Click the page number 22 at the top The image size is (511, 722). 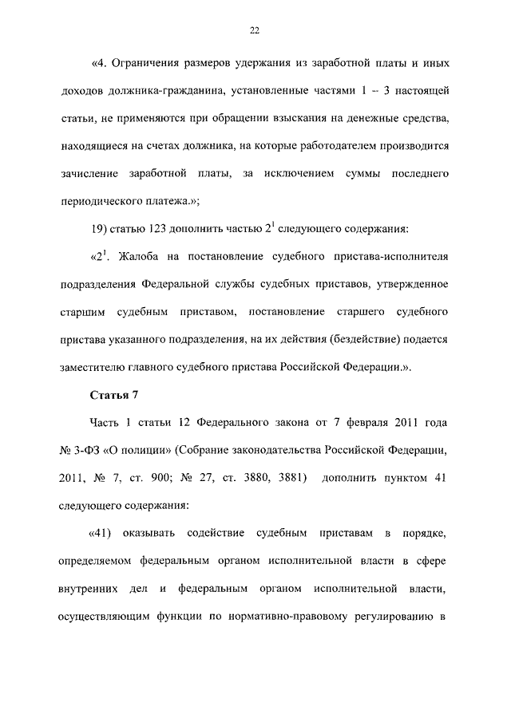255,30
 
